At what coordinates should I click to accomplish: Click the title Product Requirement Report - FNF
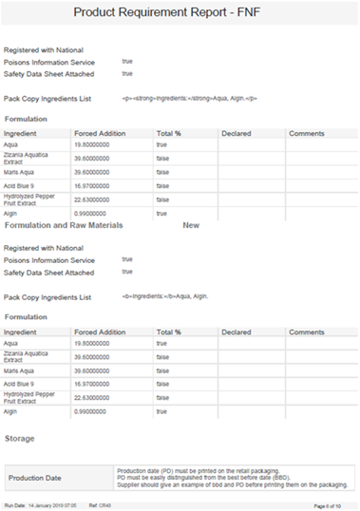click(x=180, y=13)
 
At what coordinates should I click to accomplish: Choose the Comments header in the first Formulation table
click(x=307, y=134)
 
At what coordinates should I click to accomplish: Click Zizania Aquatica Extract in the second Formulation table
click(x=26, y=356)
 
